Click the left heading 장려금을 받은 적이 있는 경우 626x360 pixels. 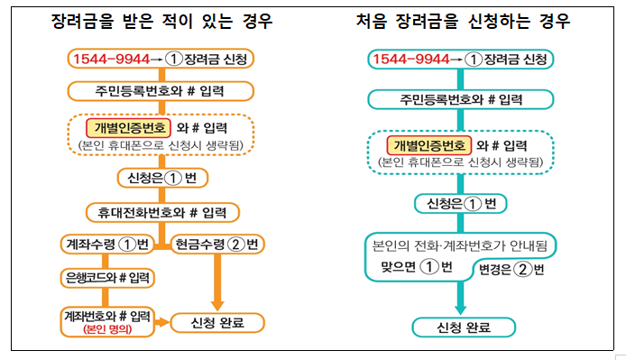[162, 21]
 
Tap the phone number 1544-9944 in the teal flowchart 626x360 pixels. [410, 59]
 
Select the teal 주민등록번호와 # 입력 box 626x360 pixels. [462, 97]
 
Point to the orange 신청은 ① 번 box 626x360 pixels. [157, 178]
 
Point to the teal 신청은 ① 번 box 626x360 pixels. [459, 202]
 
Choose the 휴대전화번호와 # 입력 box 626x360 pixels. [162, 213]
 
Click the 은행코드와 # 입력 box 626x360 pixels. [107, 277]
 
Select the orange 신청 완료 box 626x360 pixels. [216, 322]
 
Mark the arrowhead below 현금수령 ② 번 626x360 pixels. [216, 299]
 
